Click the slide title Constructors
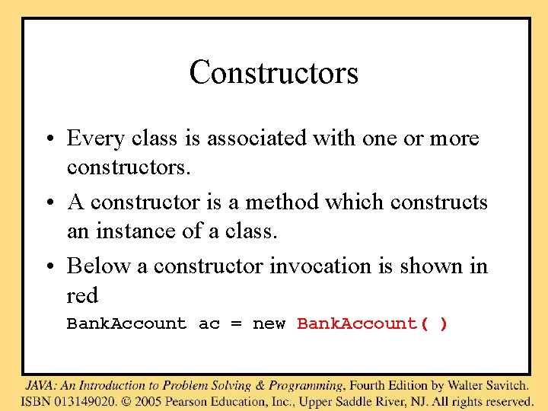pyautogui.click(x=273, y=73)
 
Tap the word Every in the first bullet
pyautogui.click(x=95, y=139)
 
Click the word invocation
pyautogui.click(x=319, y=266)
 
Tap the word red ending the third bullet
pyautogui.click(x=82, y=295)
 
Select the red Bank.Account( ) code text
pyautogui.click(x=372, y=324)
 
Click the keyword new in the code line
pyautogui.click(x=269, y=324)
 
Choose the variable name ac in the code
pyautogui.click(x=209, y=324)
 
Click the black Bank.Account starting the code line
pyautogui.click(x=126, y=324)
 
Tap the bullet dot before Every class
pyautogui.click(x=49, y=139)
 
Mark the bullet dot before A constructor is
pyautogui.click(x=49, y=203)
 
